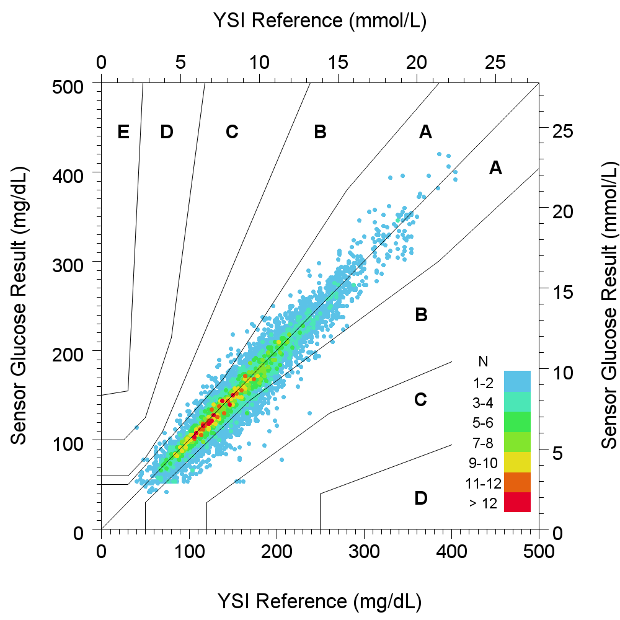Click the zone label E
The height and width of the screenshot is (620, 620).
123,131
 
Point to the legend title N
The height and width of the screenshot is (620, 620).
483,361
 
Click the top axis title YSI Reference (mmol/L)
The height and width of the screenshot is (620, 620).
320,20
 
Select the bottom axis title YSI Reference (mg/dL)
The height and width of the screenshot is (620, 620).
320,601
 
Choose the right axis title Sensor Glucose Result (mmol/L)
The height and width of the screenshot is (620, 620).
610,304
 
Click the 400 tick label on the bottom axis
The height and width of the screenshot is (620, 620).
452,549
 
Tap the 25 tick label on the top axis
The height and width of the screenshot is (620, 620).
495,63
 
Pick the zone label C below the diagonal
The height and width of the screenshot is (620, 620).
420,400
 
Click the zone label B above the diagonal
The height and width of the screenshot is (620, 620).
320,131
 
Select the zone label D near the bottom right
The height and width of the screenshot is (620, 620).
420,498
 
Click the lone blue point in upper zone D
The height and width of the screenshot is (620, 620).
136,427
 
